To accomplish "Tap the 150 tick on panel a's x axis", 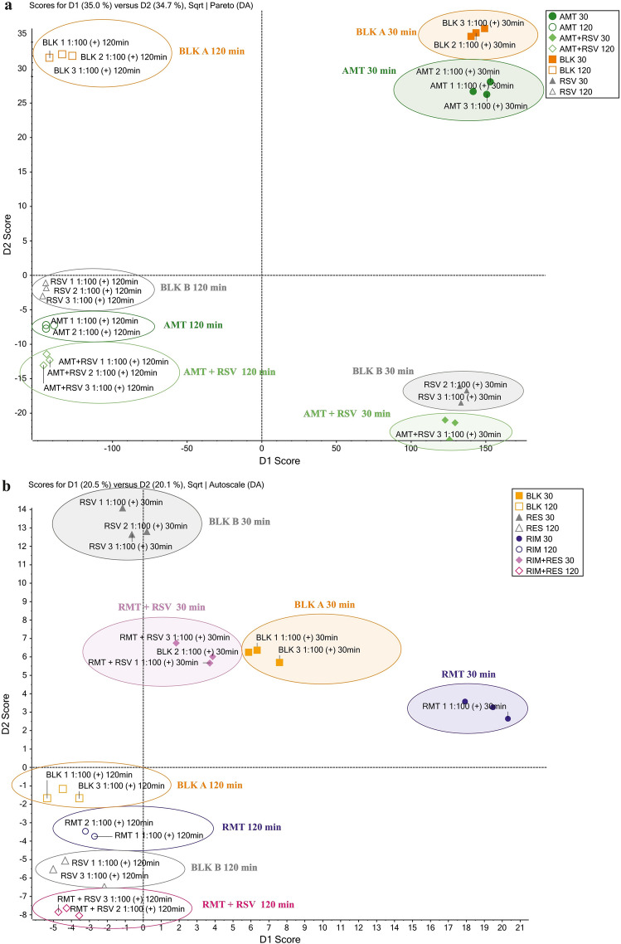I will pos(485,447).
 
